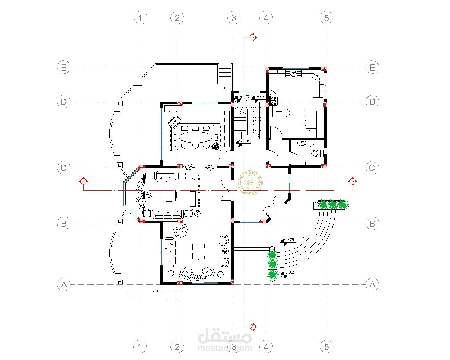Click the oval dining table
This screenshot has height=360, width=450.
click(196, 137)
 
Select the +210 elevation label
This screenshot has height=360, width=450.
click(245, 96)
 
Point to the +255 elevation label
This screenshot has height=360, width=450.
click(261, 96)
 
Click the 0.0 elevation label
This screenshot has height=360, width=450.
click(291, 272)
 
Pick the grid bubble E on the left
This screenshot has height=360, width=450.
click(64, 67)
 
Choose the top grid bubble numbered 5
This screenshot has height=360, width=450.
click(327, 18)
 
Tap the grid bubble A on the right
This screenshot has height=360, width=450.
click(372, 285)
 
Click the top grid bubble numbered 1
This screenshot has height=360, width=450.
click(140, 18)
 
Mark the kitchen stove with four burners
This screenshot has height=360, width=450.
click(273, 101)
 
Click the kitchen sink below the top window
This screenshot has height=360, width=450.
click(294, 73)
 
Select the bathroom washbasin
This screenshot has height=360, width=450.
click(301, 143)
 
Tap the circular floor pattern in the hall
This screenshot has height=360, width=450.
click(250, 183)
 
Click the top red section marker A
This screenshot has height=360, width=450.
click(253, 37)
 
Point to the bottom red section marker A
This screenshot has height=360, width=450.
click(253, 326)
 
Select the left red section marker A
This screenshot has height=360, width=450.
click(84, 181)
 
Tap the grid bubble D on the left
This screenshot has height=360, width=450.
click(64, 102)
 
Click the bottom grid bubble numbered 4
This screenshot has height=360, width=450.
click(266, 347)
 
